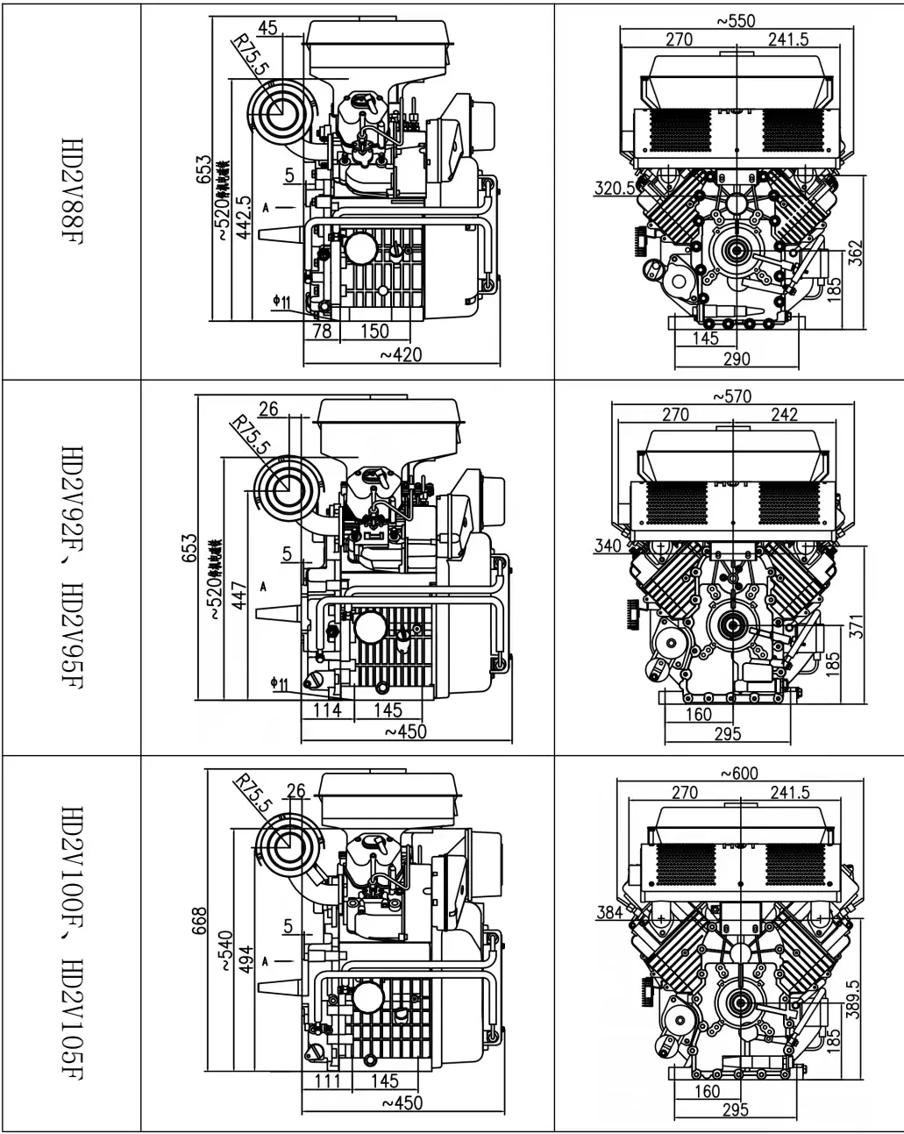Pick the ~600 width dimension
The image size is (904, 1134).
pyautogui.click(x=738, y=774)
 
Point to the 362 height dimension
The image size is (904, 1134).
pyautogui.click(x=856, y=255)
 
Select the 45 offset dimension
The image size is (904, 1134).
pyautogui.click(x=268, y=28)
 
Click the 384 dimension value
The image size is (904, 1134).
pyautogui.click(x=609, y=912)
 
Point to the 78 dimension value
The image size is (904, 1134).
pyautogui.click(x=322, y=331)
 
